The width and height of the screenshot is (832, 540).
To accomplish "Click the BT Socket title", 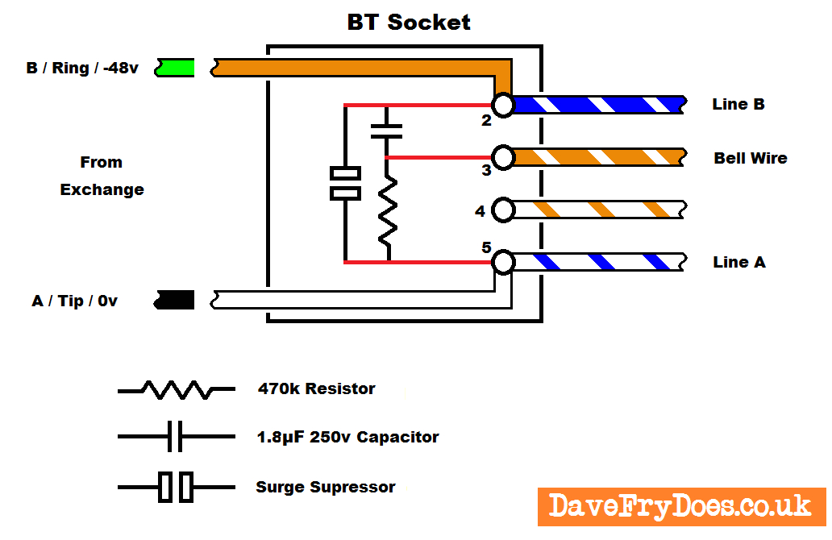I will pos(409,22).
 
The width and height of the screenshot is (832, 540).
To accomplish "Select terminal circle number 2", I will pos(503,105).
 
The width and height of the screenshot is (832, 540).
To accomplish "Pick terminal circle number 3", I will pos(503,157).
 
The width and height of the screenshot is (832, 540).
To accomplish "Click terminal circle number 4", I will pos(503,210).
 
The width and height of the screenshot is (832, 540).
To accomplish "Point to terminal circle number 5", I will pos(503,262).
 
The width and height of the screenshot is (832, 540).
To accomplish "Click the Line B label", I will pos(738,104).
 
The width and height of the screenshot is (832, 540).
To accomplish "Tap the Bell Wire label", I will pos(750,158).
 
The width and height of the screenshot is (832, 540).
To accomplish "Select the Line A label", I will pos(738,262).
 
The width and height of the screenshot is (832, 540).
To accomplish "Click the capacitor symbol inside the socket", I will pos(387,131).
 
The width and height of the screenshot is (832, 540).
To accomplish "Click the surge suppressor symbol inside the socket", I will pos(346,183).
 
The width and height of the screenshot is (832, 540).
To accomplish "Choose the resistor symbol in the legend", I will pos(177,390).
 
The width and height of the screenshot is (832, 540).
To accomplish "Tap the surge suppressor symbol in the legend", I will pos(176,487).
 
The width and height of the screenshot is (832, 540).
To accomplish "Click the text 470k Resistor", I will pos(316,388).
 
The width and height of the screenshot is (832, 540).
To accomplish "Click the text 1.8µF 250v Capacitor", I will pos(347,438).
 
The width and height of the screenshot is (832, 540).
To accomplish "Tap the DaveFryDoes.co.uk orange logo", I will pos(680,507).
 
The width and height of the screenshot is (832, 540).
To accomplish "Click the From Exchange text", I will pos(102,176).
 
